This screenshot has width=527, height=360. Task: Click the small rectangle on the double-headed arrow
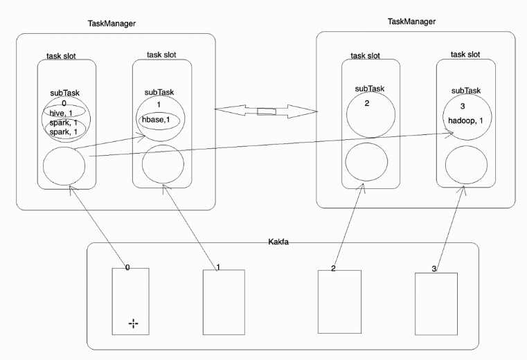[266, 111]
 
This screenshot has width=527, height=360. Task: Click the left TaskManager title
[111, 24]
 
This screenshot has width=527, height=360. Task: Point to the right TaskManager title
[412, 22]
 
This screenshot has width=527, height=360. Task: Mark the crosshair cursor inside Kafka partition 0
[133, 324]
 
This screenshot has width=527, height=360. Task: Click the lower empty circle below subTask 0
[64, 165]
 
